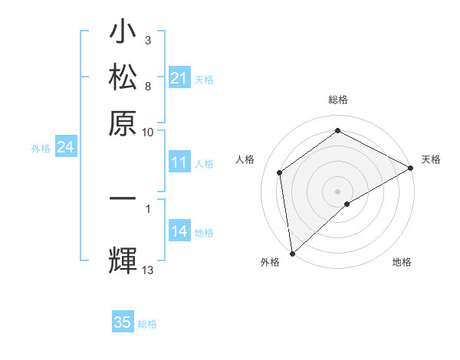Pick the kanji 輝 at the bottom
click(123, 259)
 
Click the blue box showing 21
click(179, 78)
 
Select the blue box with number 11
click(179, 162)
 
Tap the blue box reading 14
click(179, 232)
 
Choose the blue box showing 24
click(65, 147)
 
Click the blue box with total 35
click(123, 322)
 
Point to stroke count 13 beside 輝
click(148, 270)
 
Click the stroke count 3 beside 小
click(147, 39)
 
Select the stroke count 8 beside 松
click(147, 85)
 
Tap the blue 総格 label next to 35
click(147, 324)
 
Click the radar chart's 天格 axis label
click(431, 159)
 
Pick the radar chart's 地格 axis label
click(402, 263)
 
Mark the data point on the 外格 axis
click(292, 254)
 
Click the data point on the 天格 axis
click(411, 168)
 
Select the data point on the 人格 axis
click(280, 172)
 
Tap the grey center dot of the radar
click(337, 191)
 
